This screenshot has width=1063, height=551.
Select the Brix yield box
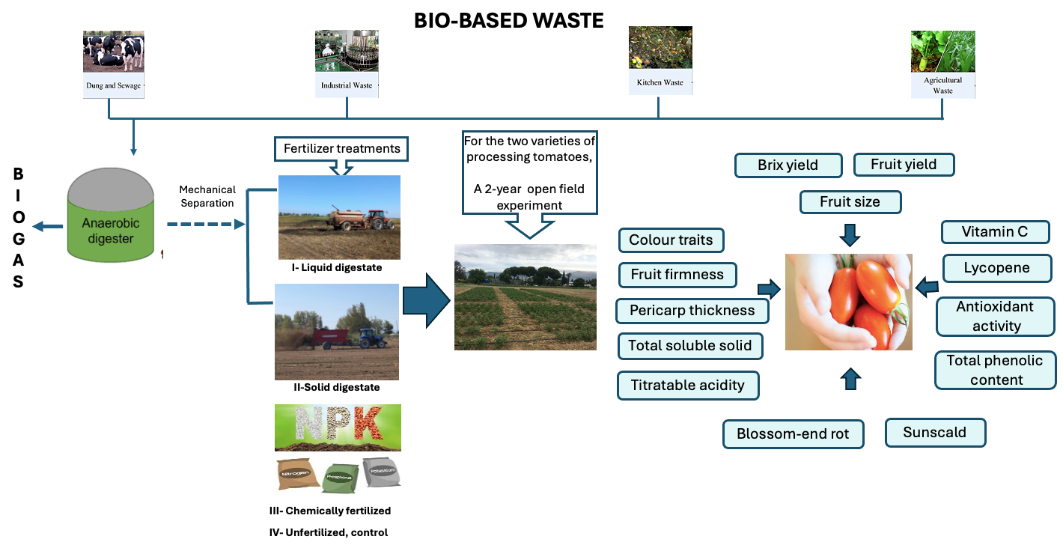788,165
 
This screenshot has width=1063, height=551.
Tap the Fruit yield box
903,165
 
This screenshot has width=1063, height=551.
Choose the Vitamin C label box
995,232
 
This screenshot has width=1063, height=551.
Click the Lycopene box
997,268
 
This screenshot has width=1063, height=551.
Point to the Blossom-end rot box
793,434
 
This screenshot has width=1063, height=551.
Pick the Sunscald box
934,433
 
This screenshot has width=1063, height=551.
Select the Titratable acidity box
688,386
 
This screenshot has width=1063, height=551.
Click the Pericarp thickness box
692,310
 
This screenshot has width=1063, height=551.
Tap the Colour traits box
671,240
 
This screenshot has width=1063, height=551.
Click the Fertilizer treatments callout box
341,149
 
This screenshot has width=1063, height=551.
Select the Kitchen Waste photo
660,48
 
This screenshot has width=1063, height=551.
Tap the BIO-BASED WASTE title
509,21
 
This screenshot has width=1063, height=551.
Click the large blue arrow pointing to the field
426,300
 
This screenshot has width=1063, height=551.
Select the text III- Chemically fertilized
332,511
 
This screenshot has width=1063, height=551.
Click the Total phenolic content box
994,370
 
